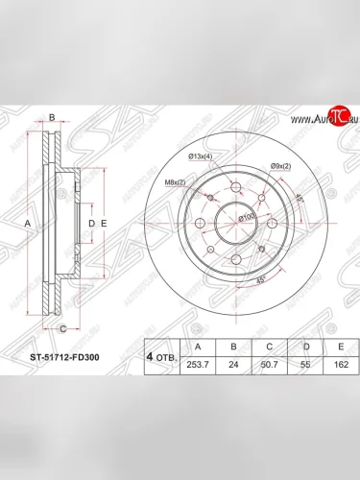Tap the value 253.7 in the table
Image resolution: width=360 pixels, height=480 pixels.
pos(198,366)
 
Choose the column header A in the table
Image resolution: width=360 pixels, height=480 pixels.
pos(198,348)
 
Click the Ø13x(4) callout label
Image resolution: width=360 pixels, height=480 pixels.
pos(201,156)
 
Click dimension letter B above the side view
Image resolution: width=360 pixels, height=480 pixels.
pos(53,118)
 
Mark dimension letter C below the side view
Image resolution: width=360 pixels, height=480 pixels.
pos(62,329)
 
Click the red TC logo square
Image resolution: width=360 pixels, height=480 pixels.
pos(337,116)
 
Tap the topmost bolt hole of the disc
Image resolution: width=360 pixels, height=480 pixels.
pos(231,189)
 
